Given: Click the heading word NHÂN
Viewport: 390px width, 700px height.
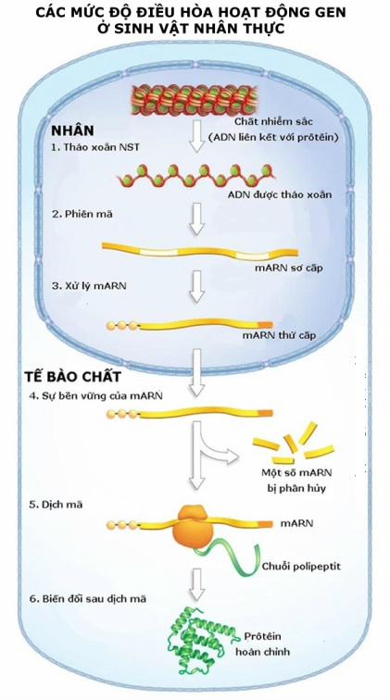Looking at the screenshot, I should pyautogui.click(x=73, y=130).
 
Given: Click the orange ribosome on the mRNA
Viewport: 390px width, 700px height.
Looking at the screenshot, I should pyautogui.click(x=194, y=525).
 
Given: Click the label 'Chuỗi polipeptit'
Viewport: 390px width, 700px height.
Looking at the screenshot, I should pyautogui.click(x=298, y=565).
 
